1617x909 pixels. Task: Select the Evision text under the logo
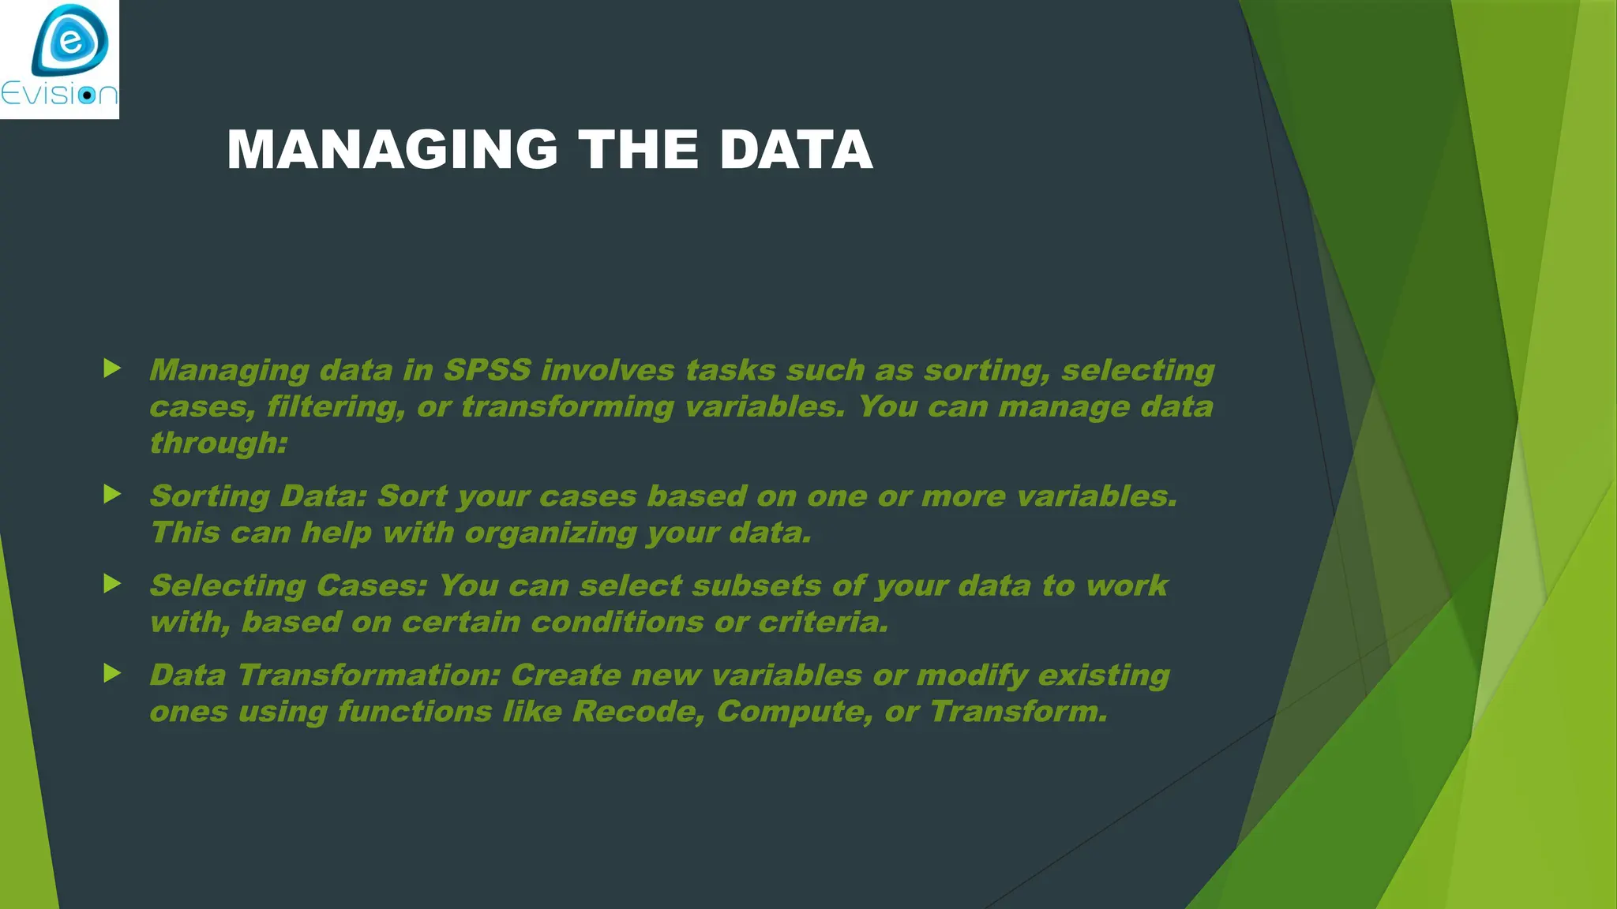click(59, 94)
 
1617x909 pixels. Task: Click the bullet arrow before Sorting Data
click(112, 495)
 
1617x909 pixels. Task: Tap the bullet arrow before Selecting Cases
click(112, 584)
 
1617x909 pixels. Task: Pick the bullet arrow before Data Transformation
click(112, 673)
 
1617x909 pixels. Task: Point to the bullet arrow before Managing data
click(112, 368)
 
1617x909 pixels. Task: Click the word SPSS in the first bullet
click(487, 370)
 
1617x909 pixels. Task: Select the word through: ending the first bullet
click(219, 443)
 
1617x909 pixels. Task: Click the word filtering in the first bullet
click(336, 406)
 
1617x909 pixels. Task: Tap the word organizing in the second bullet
click(550, 533)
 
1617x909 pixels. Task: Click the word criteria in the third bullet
click(824, 622)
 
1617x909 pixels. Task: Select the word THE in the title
click(638, 150)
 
